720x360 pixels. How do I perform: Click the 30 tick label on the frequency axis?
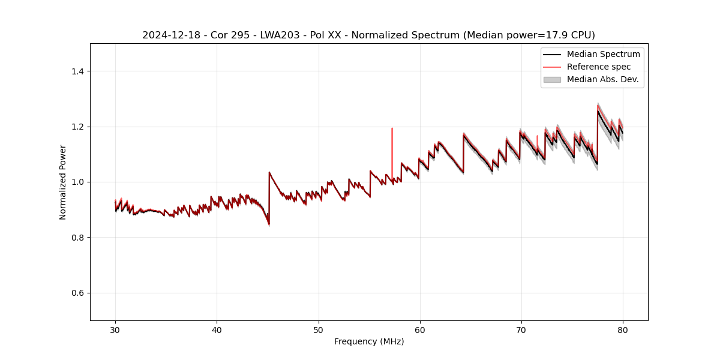click(115, 329)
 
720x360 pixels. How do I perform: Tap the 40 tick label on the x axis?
click(217, 329)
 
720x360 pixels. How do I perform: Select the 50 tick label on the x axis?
click(319, 329)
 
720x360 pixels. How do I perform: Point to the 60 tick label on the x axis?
click(420, 329)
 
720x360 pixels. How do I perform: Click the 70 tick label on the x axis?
click(521, 329)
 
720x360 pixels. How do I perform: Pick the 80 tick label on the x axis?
click(623, 329)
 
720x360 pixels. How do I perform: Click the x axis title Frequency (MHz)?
click(369, 341)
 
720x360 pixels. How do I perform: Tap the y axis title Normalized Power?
click(63, 182)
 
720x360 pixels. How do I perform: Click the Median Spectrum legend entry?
click(603, 54)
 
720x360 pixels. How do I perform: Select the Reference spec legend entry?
click(599, 67)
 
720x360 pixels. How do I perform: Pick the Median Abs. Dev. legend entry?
click(603, 79)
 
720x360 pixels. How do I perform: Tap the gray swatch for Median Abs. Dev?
click(552, 79)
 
